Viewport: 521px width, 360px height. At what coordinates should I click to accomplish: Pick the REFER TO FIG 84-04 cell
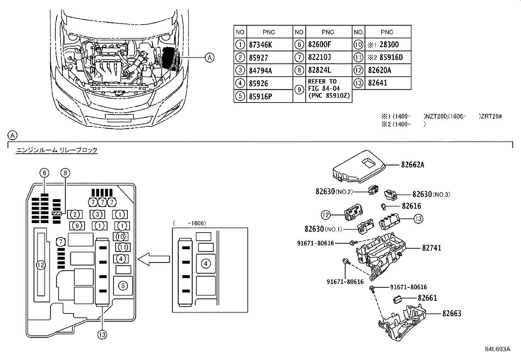329,88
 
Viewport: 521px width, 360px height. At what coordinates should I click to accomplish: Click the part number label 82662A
412,165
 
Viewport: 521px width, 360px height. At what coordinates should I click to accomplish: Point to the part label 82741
431,248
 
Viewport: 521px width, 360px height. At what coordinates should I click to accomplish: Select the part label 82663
452,313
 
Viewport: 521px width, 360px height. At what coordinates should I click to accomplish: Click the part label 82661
427,298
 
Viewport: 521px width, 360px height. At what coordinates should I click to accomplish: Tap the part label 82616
411,206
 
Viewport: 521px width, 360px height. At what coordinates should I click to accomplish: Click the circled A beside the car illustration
209,58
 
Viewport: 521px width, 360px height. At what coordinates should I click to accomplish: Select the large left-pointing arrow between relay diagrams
153,259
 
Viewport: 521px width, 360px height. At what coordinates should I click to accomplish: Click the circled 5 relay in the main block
123,286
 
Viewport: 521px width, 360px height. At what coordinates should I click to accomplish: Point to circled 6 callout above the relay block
45,172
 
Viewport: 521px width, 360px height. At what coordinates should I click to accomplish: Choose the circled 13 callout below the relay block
102,334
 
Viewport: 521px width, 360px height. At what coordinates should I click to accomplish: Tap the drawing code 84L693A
497,349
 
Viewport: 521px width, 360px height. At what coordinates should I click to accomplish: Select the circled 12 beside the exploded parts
326,215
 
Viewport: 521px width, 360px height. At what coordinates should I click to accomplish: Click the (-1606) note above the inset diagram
189,223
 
